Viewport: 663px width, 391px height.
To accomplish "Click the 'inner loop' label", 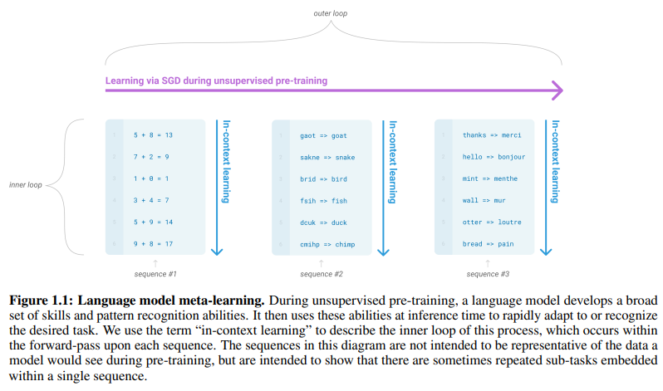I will [x=26, y=184].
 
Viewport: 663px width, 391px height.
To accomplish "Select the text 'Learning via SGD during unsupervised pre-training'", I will [x=216, y=81].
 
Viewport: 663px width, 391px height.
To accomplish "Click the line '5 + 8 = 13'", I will [x=152, y=134].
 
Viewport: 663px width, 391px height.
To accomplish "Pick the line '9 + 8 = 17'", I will [x=152, y=243].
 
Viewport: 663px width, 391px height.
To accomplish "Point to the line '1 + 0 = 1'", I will [x=150, y=178].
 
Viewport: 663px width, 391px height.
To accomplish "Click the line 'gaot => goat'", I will [x=323, y=134].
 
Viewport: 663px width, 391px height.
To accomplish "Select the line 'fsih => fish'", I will [x=323, y=200].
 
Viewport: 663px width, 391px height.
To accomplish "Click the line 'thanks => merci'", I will [x=492, y=134].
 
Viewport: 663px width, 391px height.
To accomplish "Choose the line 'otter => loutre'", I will [x=492, y=222].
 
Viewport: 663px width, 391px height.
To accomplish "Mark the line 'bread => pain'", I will [x=489, y=243].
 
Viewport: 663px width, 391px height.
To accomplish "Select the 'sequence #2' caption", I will [x=322, y=273].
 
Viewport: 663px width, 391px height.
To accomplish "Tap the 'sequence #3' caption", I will [x=488, y=273].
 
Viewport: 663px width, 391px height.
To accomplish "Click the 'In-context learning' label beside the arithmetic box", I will [x=227, y=163].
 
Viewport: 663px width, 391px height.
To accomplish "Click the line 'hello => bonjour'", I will [x=494, y=156].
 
